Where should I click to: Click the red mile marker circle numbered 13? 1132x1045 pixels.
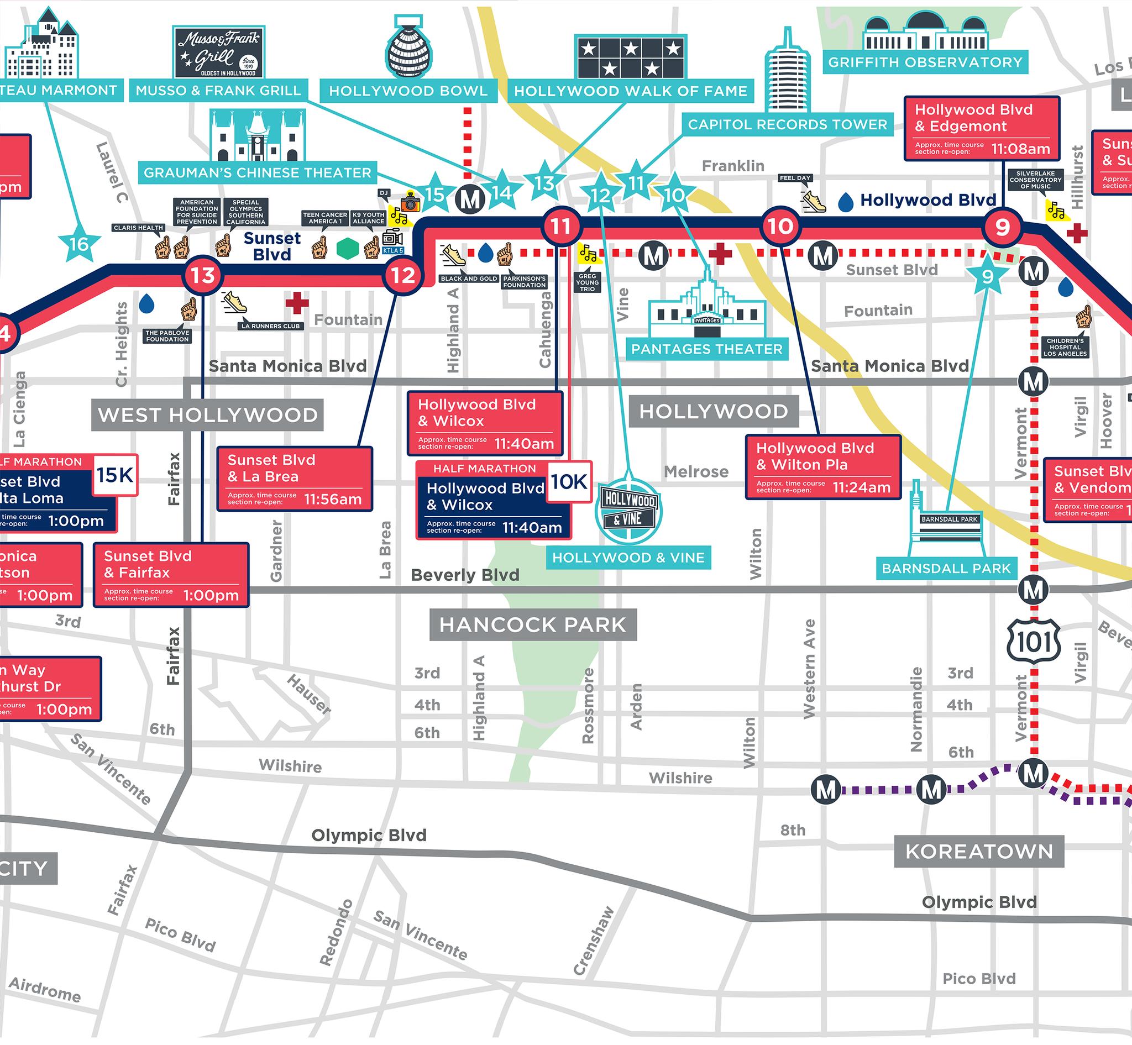pos(202,276)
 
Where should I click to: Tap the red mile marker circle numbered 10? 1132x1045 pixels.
pos(780,226)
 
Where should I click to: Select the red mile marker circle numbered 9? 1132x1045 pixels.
pos(1003,227)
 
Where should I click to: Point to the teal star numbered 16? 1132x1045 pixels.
pos(79,244)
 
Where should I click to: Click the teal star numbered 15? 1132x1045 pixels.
pos(435,195)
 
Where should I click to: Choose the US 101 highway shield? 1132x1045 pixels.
pos(1034,641)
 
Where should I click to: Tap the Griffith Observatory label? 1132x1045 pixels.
pos(925,62)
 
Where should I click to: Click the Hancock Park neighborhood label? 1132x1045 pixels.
pos(533,625)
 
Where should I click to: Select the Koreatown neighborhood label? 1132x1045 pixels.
pos(979,851)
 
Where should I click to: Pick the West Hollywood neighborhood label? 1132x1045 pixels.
pos(208,415)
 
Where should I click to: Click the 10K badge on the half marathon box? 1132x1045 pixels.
pos(570,482)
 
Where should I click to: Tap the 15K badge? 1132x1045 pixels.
pos(115,475)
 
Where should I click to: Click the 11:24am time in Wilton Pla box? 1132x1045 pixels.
pos(862,487)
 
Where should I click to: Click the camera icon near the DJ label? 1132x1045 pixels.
pos(410,202)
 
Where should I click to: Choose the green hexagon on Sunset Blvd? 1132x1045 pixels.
pos(347,249)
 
